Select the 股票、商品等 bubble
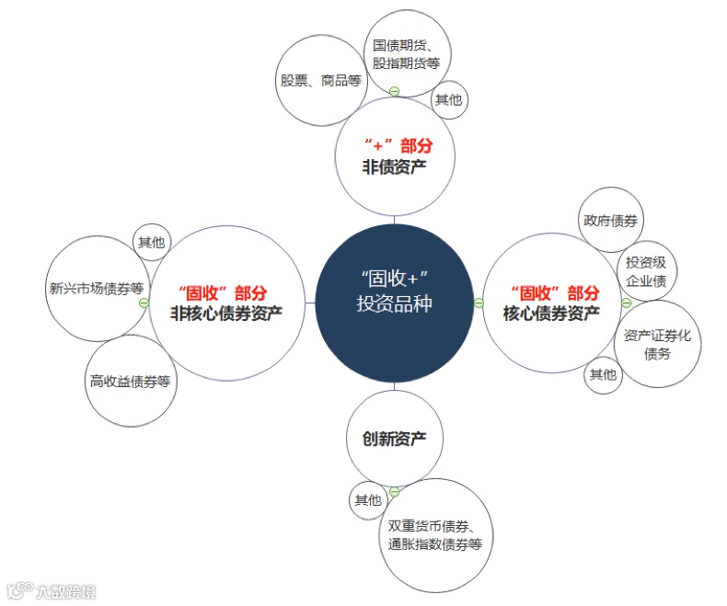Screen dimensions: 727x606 click(322, 81)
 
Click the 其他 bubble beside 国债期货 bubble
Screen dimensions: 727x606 click(449, 99)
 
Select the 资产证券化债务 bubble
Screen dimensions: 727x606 click(657, 343)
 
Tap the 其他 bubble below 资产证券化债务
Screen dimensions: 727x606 click(604, 374)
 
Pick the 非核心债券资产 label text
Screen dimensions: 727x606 click(226, 313)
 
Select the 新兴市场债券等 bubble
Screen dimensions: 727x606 click(96, 287)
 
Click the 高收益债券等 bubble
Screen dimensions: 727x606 click(131, 381)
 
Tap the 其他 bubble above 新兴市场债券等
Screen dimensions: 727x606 click(152, 243)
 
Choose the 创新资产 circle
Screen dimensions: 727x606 click(395, 439)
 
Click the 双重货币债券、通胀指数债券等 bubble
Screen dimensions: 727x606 click(435, 534)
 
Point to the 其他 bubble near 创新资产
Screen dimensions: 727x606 click(367, 500)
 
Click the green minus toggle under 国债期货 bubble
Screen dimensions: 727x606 click(394, 90)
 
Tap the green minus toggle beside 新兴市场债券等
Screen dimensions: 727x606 click(144, 303)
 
